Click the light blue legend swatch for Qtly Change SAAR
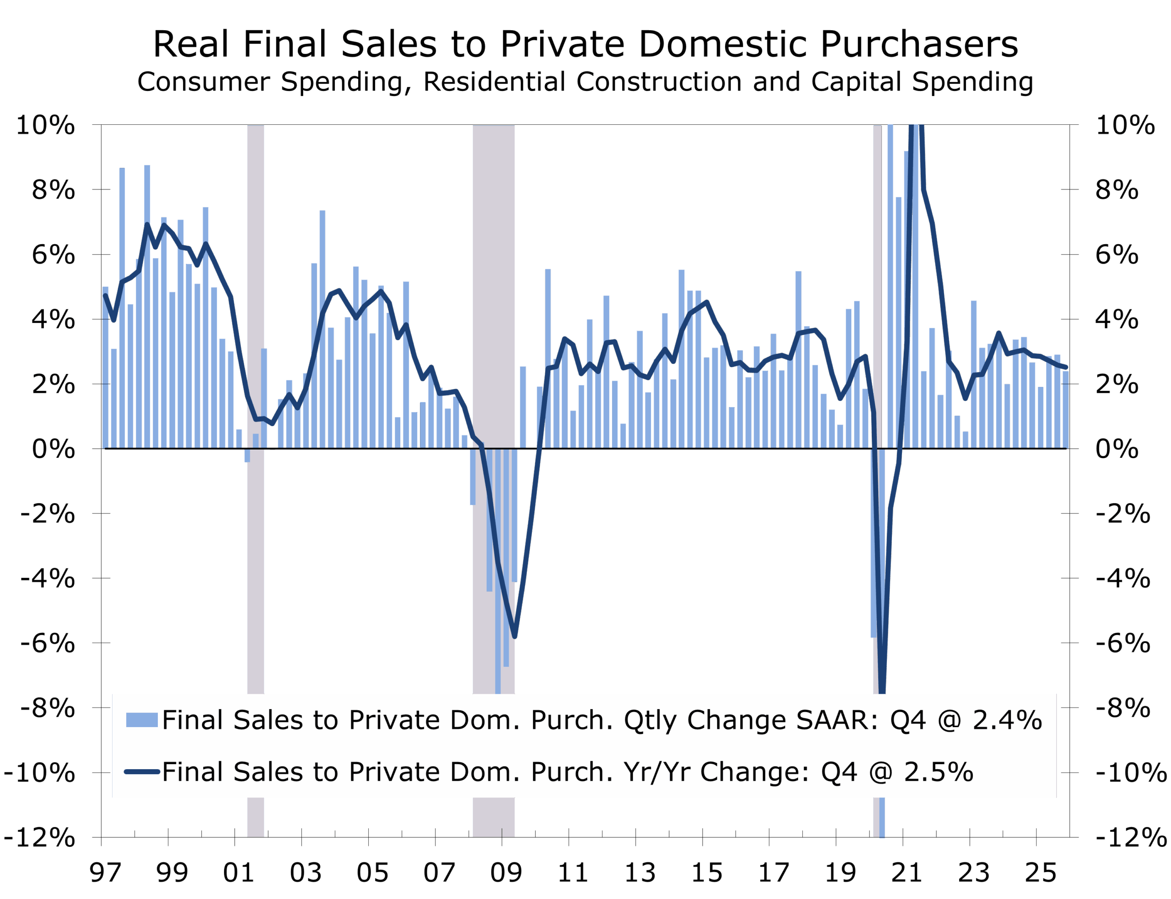[142, 720]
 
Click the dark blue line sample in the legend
[142, 771]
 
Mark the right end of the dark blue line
[1066, 367]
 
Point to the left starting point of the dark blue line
[105, 295]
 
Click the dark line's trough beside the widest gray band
[514, 637]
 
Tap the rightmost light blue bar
[1065, 409]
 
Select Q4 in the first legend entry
[908, 720]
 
